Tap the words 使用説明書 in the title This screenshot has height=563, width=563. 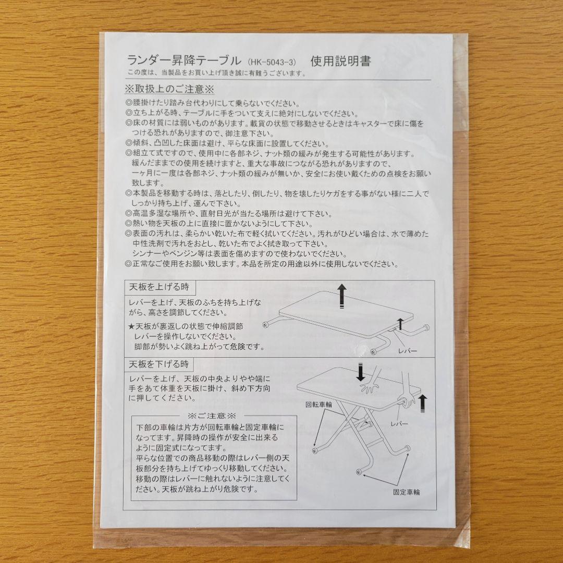point(340,61)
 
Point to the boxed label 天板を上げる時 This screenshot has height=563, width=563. point(155,287)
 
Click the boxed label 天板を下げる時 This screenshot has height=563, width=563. point(155,363)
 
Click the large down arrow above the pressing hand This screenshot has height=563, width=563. point(360,372)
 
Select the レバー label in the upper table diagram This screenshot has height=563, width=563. point(407,351)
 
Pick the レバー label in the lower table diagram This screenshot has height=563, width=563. point(399,424)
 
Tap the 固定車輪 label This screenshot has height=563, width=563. point(407,492)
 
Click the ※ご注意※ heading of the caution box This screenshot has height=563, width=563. point(212,416)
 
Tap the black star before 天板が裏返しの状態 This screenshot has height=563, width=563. point(131,327)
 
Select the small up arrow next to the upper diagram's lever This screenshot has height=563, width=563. point(400,323)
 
